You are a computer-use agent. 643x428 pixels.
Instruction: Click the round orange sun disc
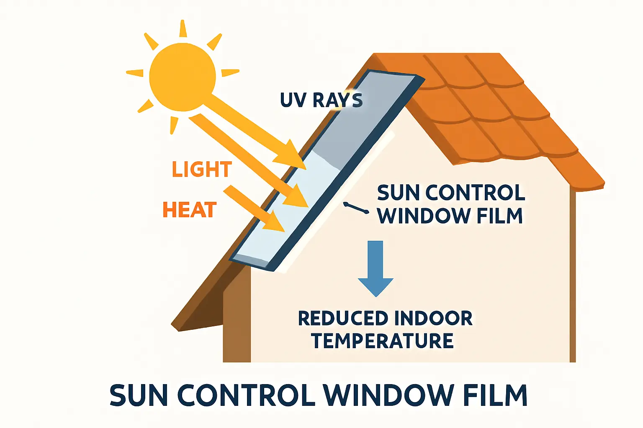[183, 77]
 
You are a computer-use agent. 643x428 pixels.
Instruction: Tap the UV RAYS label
[321, 100]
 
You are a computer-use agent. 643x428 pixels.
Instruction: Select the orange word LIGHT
[202, 169]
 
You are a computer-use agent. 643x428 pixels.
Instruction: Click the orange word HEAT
[190, 209]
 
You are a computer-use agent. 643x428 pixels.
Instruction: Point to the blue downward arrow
[376, 269]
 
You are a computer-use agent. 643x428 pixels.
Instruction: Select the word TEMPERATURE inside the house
[383, 340]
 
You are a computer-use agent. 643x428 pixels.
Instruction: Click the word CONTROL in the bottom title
[244, 395]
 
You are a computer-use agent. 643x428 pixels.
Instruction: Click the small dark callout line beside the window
[356, 208]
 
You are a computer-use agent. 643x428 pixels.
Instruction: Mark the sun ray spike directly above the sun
[183, 28]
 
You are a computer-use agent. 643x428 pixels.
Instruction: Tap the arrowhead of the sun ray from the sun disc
[291, 155]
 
